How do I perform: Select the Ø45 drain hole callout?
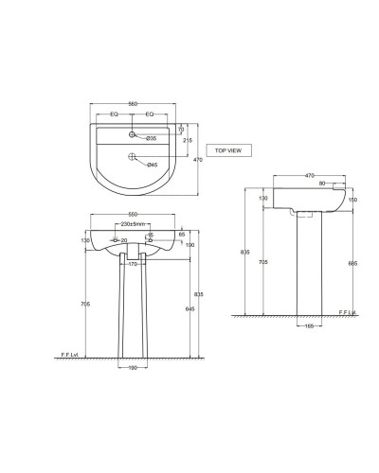(152, 166)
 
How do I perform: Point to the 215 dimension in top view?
(188, 139)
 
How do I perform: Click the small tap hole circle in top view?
(133, 132)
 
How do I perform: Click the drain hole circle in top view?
(133, 157)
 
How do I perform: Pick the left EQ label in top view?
(115, 114)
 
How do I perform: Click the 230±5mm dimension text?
(132, 224)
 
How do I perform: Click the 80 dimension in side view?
(322, 184)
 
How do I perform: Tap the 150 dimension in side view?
(353, 200)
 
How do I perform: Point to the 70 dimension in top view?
(180, 129)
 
